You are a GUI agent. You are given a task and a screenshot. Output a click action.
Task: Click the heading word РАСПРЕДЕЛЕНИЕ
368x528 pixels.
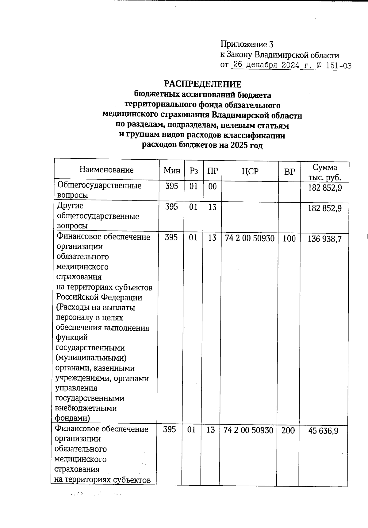[x=203, y=84]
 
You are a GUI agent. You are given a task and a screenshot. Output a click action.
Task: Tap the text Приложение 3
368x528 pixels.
[x=247, y=45]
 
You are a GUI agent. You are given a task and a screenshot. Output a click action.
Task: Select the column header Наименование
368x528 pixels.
[x=106, y=170]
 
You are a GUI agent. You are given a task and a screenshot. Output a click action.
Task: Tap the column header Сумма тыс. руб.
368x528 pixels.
[x=325, y=172]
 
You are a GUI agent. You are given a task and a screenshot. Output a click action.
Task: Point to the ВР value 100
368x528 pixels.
[x=289, y=239]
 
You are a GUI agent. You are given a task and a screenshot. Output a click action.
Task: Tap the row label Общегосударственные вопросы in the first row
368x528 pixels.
[x=99, y=190]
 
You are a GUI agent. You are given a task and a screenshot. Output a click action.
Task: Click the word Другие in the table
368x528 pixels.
[x=70, y=206]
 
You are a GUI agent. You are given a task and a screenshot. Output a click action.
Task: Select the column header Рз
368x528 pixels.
[x=194, y=171]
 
